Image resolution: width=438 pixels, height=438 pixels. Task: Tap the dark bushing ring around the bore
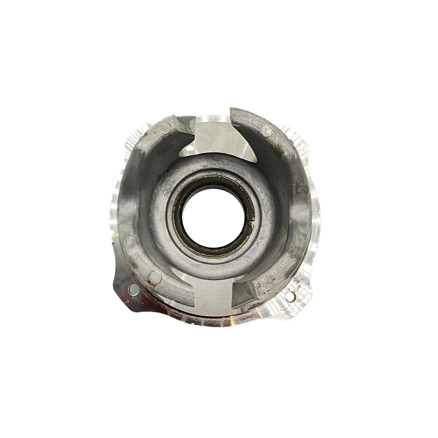(x=179, y=225)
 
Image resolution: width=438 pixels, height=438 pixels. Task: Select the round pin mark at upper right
(x=267, y=128)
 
